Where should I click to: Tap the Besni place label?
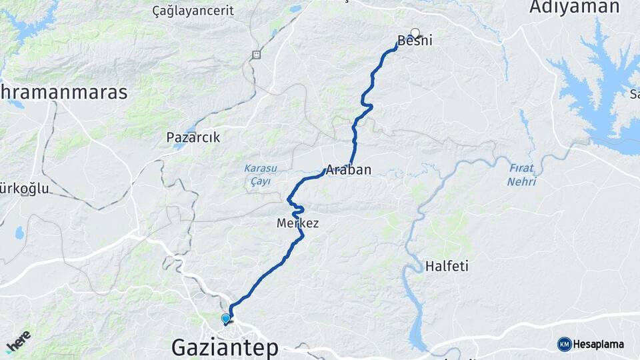point(415,41)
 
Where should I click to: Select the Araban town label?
point(348,169)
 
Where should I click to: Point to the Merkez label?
point(297,224)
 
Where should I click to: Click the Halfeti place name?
point(447,267)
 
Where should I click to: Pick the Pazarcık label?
point(193,138)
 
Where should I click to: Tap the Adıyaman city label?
point(574,7)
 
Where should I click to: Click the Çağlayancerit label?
point(193,11)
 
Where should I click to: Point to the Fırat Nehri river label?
point(521,175)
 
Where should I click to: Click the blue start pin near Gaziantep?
point(225,319)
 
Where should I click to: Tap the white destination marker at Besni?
point(415,32)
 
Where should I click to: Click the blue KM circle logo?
point(564,344)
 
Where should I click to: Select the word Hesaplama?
point(598,345)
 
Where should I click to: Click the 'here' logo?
point(18,342)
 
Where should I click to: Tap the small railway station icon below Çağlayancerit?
point(256,55)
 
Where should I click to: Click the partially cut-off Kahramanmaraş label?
point(63,92)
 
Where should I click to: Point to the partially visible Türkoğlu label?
point(25,189)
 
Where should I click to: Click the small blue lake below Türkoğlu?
point(19,233)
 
